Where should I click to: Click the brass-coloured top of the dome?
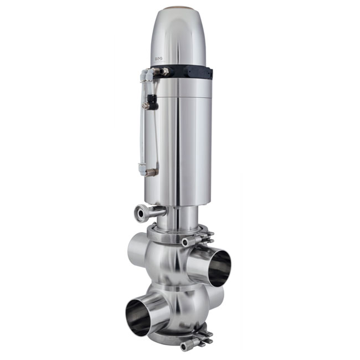coord(180,9)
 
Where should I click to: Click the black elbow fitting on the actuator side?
coord(149,103)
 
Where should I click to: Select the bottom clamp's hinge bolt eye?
coord(186,347)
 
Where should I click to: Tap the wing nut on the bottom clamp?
coord(205,338)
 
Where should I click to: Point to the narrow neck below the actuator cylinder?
coord(179,216)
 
